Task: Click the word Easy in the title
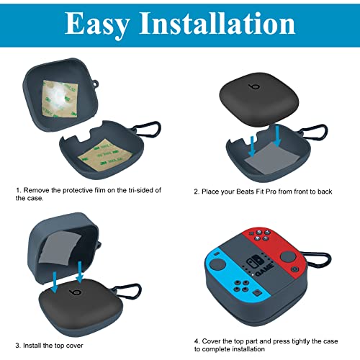tap(97, 24)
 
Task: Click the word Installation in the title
tap(217, 23)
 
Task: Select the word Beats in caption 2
tap(245, 192)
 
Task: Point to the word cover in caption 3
tap(74, 346)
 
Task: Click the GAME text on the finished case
tap(265, 269)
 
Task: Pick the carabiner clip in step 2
tap(315, 132)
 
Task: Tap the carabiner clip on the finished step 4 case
tap(318, 260)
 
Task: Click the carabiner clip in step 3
tap(127, 291)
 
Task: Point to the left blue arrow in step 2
tap(252, 146)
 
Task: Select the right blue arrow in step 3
tap(79, 271)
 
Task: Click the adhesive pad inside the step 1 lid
tap(60, 99)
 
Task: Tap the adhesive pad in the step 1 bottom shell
tap(105, 155)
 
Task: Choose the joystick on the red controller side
tap(288, 256)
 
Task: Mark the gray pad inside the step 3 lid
tap(60, 248)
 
